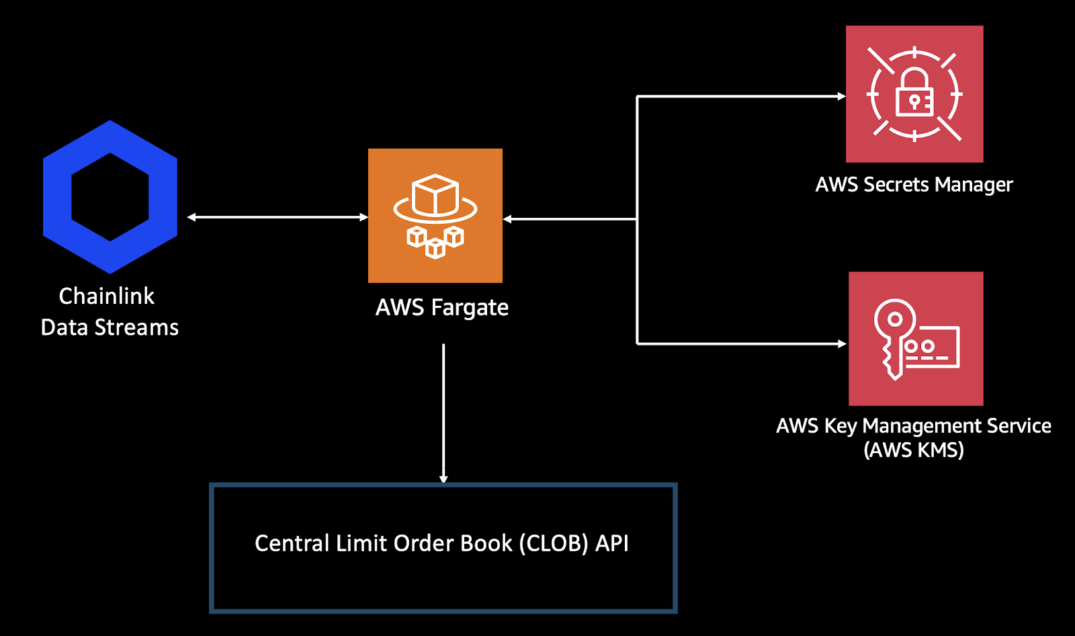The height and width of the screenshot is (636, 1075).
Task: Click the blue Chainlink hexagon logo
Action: tap(110, 196)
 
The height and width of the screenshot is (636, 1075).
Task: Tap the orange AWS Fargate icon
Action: tap(435, 215)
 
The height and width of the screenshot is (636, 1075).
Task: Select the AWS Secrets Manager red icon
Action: tap(914, 94)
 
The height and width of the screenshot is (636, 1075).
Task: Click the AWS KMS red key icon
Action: tap(916, 338)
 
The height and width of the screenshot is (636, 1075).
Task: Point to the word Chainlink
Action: tap(106, 296)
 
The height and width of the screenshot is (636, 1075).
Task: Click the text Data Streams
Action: tap(110, 327)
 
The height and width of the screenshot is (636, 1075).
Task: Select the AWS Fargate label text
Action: tap(441, 308)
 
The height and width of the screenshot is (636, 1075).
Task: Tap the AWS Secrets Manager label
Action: tap(914, 185)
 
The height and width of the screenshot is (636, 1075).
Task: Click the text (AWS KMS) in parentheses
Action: tap(914, 449)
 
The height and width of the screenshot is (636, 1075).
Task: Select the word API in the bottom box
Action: tap(612, 543)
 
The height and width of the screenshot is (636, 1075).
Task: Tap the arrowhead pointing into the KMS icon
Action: tap(843, 344)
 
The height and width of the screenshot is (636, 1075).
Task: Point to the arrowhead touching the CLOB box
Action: tap(443, 479)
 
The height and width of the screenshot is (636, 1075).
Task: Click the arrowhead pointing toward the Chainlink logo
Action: tap(192, 217)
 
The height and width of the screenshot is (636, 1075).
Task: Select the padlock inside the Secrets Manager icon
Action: tap(914, 93)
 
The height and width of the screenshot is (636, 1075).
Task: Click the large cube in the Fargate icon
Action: tap(435, 194)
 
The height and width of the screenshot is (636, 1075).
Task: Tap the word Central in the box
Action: tap(292, 543)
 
